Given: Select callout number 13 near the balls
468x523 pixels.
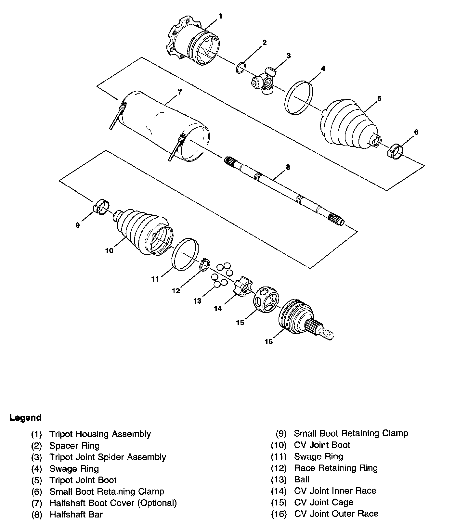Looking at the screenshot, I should [x=197, y=301].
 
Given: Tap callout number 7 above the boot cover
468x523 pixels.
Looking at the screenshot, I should [x=180, y=92].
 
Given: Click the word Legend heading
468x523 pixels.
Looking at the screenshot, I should [x=26, y=418].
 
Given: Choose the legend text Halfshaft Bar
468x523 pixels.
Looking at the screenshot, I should [x=76, y=515].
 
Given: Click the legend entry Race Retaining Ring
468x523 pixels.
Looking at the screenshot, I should [x=336, y=468].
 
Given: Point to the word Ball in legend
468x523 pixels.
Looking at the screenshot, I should [x=302, y=479].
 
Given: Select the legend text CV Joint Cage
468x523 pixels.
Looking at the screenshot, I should [x=324, y=503].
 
